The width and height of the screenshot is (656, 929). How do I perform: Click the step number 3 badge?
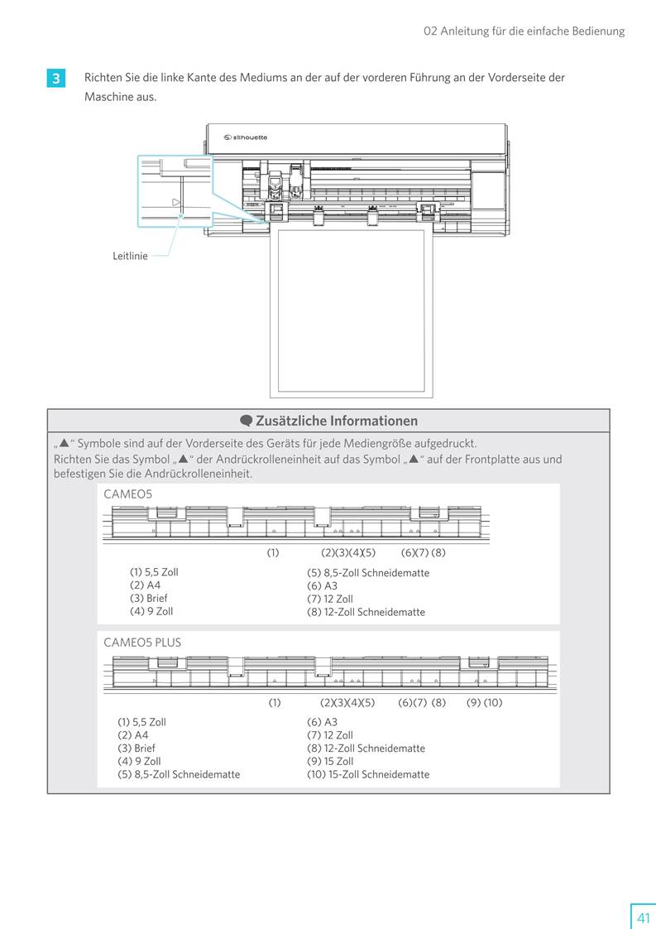55,79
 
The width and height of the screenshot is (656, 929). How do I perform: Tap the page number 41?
643,917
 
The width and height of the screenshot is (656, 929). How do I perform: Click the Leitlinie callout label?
130,257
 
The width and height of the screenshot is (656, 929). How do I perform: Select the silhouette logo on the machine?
246,137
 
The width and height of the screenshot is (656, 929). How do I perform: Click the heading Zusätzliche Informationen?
336,421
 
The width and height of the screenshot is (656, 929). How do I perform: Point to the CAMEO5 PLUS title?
142,642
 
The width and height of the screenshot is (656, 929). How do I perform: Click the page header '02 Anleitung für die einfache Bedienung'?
524,31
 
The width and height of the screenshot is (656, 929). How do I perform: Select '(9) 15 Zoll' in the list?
330,761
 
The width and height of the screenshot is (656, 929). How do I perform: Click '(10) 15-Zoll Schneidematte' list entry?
368,774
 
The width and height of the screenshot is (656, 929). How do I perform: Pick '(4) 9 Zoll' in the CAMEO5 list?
151,611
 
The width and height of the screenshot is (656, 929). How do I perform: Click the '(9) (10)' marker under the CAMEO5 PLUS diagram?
484,703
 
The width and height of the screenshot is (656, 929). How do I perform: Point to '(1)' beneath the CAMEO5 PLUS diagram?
275,703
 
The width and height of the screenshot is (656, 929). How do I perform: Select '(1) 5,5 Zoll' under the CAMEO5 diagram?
154,572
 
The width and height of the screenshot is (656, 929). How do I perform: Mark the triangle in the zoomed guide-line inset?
175,202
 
